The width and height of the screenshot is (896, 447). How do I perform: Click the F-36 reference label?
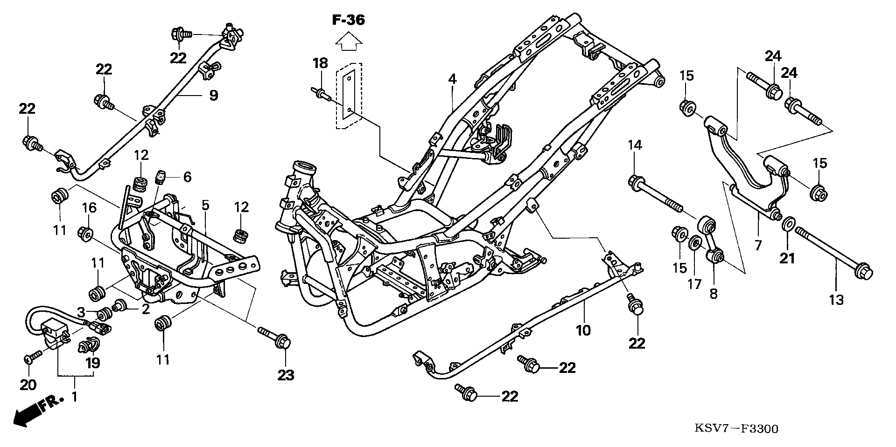click(349, 20)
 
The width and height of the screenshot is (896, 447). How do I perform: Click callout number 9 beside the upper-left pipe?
click(213, 96)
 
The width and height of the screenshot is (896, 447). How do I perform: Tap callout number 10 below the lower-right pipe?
click(583, 330)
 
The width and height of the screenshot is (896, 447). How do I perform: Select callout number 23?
click(286, 375)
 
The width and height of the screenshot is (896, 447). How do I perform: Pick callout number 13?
click(836, 299)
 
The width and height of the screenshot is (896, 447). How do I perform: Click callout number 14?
click(635, 145)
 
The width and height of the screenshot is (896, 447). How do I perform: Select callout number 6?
click(187, 177)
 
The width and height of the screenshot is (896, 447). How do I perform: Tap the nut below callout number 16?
click(86, 234)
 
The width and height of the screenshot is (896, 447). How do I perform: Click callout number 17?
click(694, 283)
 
